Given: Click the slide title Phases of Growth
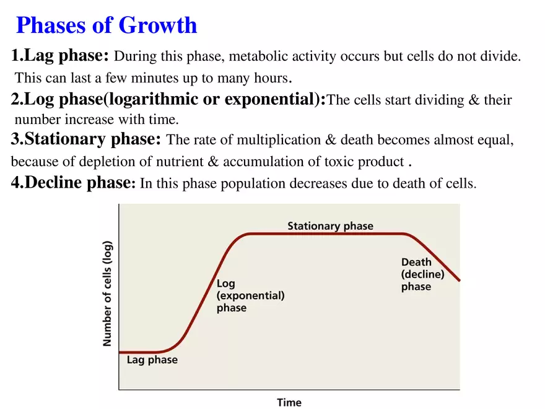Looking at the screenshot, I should (106, 25).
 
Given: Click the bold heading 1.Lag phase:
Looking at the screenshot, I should (60, 56).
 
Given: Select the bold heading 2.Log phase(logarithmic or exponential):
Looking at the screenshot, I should (168, 99).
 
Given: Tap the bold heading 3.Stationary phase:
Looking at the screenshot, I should (86, 139).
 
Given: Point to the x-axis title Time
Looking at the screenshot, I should (289, 402).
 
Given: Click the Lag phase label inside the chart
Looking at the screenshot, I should (152, 360).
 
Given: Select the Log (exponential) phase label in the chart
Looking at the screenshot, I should (250, 296).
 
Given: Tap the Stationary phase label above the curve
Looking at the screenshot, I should (330, 226).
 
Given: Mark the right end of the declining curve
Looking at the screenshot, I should (459, 280).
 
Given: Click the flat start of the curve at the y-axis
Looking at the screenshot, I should (121, 352).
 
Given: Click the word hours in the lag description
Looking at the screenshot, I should (272, 79).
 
